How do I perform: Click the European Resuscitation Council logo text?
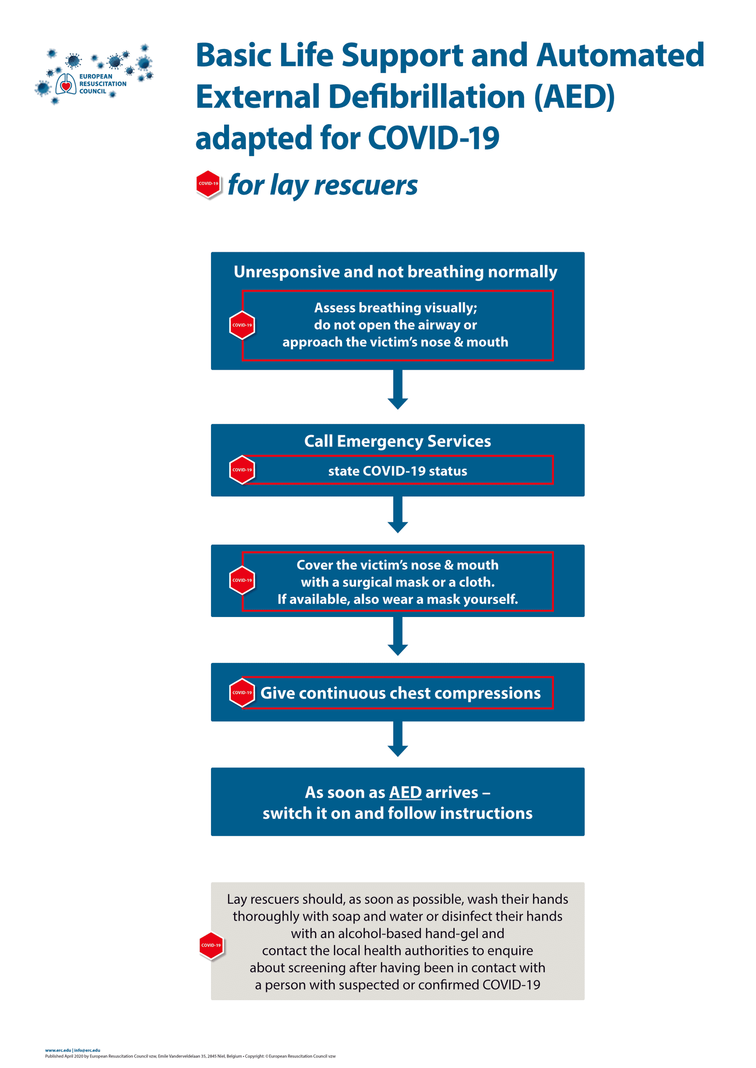[103, 84]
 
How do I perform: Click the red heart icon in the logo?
[66, 86]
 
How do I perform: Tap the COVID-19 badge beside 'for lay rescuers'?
[208, 184]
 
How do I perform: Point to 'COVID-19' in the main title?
[433, 138]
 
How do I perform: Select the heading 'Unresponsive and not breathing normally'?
[395, 272]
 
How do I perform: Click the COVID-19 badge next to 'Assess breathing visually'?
[242, 325]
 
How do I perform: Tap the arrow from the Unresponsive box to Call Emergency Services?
[398, 390]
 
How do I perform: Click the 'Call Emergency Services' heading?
[397, 441]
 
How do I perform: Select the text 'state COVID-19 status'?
[397, 471]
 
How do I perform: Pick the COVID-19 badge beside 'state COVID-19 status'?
[242, 470]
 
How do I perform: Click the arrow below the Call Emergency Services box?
[398, 514]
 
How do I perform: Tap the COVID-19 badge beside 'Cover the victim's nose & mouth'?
[242, 580]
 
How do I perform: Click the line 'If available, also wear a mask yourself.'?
[397, 599]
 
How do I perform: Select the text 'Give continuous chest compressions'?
[400, 693]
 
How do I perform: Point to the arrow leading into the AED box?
[398, 739]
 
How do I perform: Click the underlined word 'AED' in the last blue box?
[405, 792]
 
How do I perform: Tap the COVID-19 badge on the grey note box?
[211, 945]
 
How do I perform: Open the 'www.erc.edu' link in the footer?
[58, 1050]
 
